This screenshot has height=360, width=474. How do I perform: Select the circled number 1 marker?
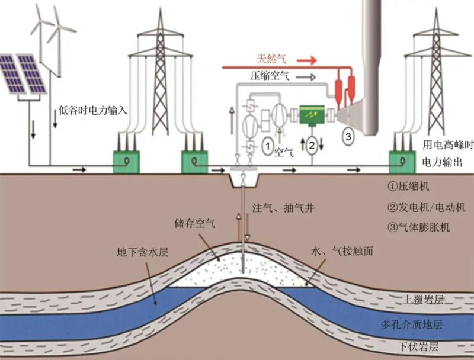[x=268, y=144]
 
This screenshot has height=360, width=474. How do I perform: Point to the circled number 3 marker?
[x=348, y=136]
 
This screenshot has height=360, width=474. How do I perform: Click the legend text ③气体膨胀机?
[x=417, y=227]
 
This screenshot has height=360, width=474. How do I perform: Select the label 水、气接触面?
[x=341, y=251]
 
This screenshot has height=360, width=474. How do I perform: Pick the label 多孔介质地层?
[x=420, y=324]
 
